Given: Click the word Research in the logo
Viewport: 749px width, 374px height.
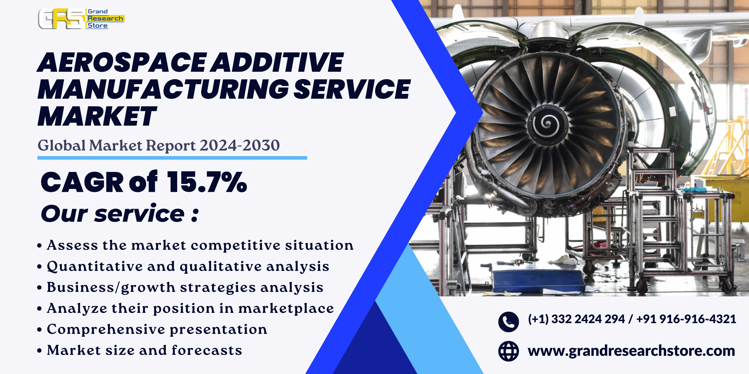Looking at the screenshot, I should [105, 18].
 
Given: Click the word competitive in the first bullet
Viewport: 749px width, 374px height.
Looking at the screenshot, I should [235, 245].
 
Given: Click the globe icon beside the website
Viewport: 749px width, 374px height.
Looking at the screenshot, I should [508, 351].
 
